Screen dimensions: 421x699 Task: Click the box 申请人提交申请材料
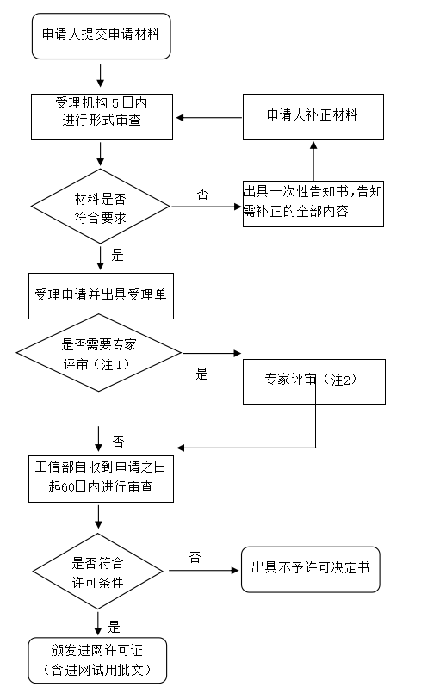point(102,36)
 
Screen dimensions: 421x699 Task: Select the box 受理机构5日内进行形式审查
point(102,117)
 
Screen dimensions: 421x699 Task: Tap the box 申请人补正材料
point(313,117)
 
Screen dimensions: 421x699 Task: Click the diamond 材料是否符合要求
point(101,207)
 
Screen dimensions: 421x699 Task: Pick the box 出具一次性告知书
point(313,204)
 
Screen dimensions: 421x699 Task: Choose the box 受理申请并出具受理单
point(101,296)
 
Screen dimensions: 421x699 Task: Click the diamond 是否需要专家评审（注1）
point(98,353)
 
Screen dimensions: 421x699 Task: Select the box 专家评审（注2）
point(314,381)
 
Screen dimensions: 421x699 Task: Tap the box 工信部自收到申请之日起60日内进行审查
point(101,479)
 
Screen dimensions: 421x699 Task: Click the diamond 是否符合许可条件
point(98,571)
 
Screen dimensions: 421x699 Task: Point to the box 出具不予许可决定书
point(311,569)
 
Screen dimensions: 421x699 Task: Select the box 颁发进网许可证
point(97,660)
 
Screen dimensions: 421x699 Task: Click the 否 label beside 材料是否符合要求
point(203,194)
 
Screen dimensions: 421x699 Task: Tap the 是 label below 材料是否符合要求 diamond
point(117,255)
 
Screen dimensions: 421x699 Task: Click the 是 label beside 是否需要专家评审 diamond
point(202,374)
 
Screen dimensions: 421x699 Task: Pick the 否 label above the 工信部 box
point(118,442)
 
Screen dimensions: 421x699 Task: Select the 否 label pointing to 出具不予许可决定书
point(195,557)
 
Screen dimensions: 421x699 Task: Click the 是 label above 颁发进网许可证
point(115,628)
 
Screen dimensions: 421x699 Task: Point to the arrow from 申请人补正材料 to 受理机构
point(209,118)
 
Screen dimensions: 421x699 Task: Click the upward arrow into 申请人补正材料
point(313,161)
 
